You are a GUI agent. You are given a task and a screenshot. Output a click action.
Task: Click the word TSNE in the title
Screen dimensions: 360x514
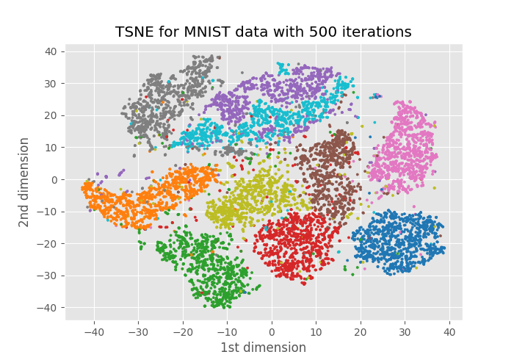(132, 32)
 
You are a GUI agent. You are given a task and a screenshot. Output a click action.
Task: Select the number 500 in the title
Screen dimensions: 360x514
(311, 32)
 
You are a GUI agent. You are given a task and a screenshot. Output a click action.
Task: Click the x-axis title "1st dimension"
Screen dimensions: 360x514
(264, 348)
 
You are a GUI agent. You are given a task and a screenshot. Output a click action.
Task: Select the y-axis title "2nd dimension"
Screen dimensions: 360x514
(24, 181)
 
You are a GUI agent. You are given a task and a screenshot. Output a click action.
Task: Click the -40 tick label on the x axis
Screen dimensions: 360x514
(94, 331)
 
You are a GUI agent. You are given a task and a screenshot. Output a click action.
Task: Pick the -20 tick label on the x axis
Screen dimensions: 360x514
(183, 331)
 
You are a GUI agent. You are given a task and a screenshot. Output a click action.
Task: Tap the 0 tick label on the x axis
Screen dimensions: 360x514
(272, 331)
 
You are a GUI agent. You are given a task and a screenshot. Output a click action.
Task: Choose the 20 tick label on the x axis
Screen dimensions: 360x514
(361, 331)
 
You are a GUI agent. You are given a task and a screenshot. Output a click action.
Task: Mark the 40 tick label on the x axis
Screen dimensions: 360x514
(449, 331)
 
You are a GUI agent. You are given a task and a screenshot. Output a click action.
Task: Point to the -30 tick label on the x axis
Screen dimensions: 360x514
(138, 331)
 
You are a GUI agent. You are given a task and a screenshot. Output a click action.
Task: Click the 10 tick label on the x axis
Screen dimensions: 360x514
(316, 331)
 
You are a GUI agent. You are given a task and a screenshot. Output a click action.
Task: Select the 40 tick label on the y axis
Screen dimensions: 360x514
(50, 51)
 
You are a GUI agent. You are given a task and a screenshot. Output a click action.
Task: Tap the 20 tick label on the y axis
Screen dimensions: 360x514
(50, 115)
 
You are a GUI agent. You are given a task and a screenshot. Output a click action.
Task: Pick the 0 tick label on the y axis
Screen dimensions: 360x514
(53, 179)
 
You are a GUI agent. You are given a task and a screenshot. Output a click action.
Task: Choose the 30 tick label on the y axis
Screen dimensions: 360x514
(50, 83)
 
